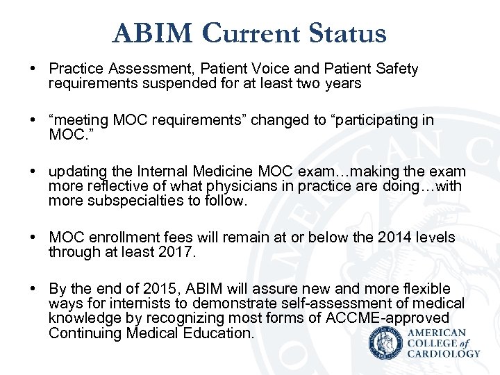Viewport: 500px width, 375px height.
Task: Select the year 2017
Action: pyautogui.click(x=178, y=252)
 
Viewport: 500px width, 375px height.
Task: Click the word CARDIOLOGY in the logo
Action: pyautogui.click(x=444, y=353)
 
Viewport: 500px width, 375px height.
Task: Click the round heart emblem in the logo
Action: pyautogui.click(x=385, y=342)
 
